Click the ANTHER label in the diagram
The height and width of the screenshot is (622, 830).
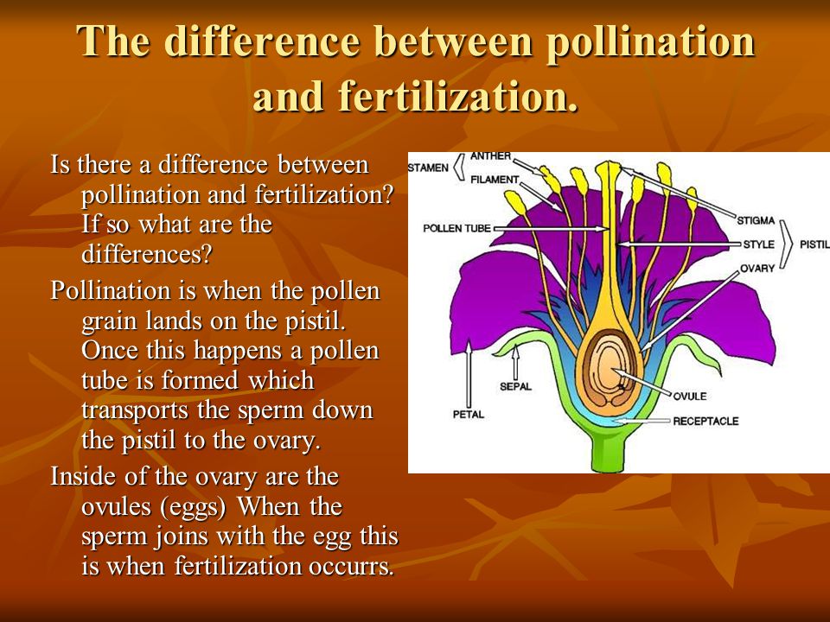pyautogui.click(x=491, y=156)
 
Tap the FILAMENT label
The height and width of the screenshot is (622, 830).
pyautogui.click(x=495, y=180)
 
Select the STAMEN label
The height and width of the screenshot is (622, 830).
pyautogui.click(x=428, y=168)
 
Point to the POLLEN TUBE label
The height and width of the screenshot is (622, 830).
pyautogui.click(x=456, y=228)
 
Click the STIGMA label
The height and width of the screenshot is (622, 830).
pyautogui.click(x=756, y=220)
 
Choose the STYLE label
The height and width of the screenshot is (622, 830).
pyautogui.click(x=758, y=244)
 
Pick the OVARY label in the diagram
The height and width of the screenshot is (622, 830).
pyautogui.click(x=757, y=268)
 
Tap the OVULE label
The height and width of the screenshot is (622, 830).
pyautogui.click(x=690, y=397)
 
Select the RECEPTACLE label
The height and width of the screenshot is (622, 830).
pyautogui.click(x=705, y=421)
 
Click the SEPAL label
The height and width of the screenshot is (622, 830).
pyautogui.click(x=515, y=387)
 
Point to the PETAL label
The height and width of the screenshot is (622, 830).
pyautogui.click(x=469, y=414)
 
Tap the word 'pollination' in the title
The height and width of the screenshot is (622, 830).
pyautogui.click(x=650, y=41)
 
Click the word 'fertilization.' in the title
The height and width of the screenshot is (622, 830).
pyautogui.click(x=458, y=96)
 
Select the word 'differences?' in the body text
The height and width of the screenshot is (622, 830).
pyautogui.click(x=147, y=254)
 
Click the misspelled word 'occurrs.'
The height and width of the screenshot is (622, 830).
pyautogui.click(x=352, y=567)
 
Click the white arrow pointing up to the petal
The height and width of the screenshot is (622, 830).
pyautogui.click(x=469, y=374)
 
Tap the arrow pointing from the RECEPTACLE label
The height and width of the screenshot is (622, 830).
pyautogui.click(x=641, y=421)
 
